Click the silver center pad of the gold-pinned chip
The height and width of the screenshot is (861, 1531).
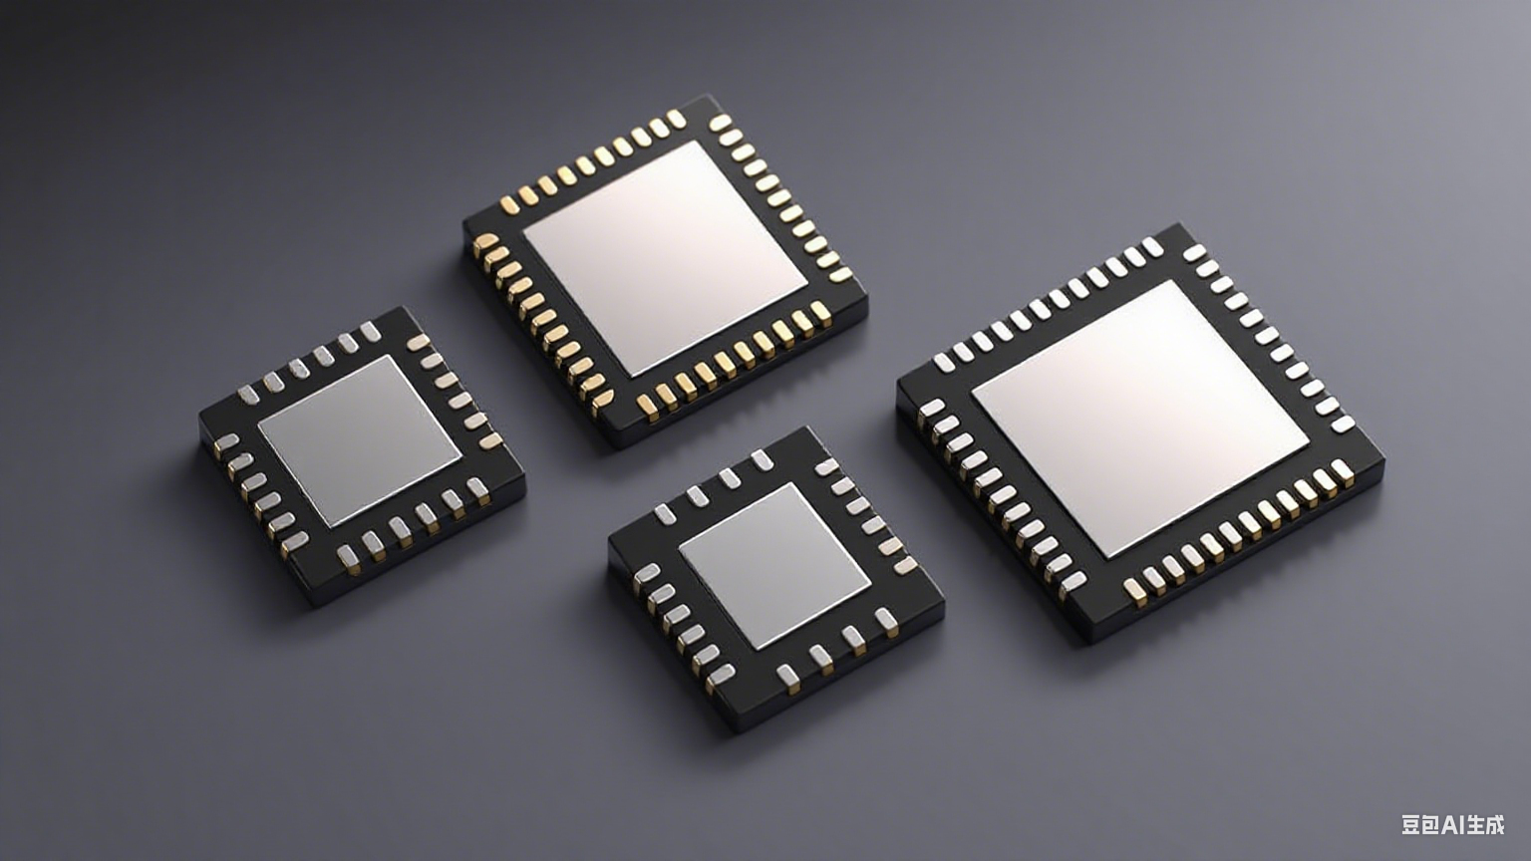(x=665, y=257)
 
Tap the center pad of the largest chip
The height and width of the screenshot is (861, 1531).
(x=1139, y=417)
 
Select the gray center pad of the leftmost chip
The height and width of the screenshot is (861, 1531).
(x=360, y=439)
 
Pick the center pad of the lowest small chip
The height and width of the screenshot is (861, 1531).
(x=774, y=564)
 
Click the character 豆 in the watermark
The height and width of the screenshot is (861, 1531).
(x=1411, y=825)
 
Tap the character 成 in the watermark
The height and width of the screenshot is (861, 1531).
(x=1493, y=825)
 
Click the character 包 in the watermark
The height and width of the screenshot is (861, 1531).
(x=1431, y=825)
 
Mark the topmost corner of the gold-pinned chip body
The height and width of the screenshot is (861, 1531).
(x=710, y=97)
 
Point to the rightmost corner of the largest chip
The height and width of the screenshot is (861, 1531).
(x=1383, y=460)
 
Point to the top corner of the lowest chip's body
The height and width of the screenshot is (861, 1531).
(x=803, y=429)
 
